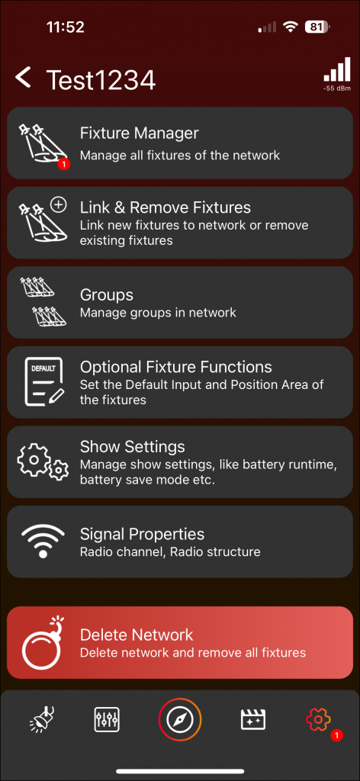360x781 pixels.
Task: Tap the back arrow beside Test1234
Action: pos(23,79)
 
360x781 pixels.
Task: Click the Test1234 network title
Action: pos(101,79)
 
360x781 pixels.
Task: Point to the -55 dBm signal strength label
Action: pos(337,88)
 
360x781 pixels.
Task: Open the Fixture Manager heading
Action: pos(140,133)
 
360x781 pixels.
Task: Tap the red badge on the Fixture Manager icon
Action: pos(64,163)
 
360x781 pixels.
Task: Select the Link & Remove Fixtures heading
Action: pos(166,207)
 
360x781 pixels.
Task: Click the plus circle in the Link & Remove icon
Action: pos(59,204)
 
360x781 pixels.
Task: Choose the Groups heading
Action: pos(107,295)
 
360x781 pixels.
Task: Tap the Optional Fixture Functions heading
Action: pos(176,367)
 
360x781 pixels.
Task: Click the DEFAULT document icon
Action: pos(44,381)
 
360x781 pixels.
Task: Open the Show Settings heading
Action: pos(133,446)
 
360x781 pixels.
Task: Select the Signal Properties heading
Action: pos(143,535)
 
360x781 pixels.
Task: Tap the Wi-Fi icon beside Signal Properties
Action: pos(43,542)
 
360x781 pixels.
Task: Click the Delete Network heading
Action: pos(137,635)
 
